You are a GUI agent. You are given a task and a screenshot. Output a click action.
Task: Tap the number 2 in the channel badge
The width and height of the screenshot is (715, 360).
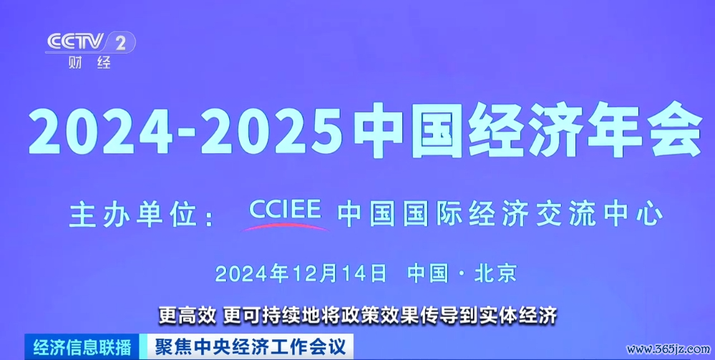point(121,44)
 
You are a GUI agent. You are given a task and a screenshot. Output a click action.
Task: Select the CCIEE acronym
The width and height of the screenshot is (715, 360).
point(286,210)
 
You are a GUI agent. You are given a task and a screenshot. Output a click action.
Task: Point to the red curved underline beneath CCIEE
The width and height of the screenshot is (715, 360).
point(286,226)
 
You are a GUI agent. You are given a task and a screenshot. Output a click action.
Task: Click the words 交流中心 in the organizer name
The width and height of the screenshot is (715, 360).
point(594,215)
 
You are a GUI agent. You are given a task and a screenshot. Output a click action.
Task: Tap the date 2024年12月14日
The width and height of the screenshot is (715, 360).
point(301,273)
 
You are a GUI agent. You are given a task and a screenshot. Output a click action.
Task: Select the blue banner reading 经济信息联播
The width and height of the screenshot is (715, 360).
point(82,348)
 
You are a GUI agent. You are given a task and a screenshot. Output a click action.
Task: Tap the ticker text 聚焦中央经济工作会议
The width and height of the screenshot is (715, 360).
point(248,347)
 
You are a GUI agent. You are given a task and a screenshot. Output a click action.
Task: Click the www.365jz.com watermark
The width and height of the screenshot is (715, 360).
point(668,350)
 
